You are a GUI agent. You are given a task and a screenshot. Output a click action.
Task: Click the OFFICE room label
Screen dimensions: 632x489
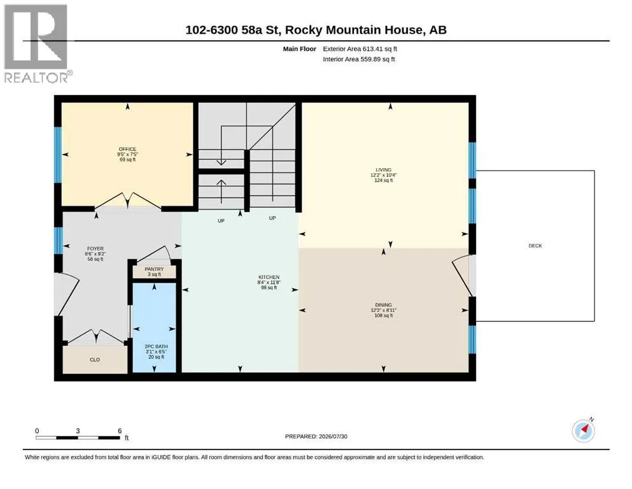pos(127,149)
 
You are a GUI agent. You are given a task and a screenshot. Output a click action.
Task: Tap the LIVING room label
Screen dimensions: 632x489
pos(383,170)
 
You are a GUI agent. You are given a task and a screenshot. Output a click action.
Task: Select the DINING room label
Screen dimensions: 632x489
pos(383,305)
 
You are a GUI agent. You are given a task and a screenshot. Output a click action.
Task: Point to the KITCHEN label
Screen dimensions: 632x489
pos(269,278)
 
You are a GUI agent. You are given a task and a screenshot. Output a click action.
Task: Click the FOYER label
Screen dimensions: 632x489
pos(95,249)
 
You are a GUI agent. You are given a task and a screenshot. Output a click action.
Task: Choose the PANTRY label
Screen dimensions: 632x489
pos(155,269)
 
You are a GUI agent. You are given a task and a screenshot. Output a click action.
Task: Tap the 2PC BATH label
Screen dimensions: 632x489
pos(157,347)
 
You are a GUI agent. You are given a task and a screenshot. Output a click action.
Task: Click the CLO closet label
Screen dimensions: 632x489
pos(95,360)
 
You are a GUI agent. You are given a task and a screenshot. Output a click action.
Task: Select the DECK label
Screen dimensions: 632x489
pos(535,246)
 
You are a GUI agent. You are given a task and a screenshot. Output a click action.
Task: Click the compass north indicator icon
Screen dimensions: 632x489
pos(583,430)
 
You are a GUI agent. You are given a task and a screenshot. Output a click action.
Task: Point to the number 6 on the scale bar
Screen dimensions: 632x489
pos(120,431)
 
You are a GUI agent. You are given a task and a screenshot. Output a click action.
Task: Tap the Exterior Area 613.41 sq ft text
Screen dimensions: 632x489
pos(360,49)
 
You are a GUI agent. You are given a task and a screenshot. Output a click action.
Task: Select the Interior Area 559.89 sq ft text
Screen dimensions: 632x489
pos(359,59)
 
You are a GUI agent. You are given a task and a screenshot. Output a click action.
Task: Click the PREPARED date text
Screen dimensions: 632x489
pos(316,436)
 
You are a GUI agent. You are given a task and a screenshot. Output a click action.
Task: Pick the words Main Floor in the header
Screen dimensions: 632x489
pos(300,49)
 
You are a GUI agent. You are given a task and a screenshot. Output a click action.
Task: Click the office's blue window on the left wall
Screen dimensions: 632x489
pos(58,155)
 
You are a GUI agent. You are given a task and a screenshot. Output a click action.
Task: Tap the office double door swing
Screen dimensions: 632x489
pos(128,201)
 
